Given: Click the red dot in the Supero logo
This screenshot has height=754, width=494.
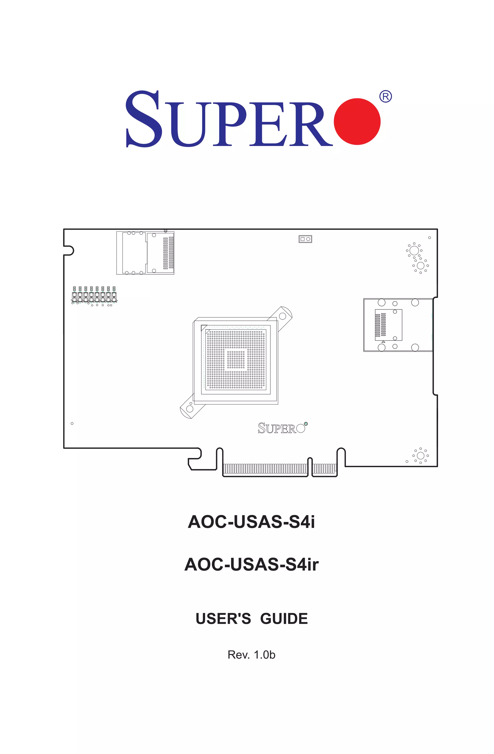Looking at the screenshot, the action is (x=357, y=121).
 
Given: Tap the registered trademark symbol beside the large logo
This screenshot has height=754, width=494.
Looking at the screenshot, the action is (x=385, y=96).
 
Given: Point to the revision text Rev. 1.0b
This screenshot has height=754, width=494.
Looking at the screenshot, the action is (x=251, y=654).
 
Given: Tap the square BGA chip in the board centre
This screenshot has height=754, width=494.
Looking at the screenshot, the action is (x=235, y=360).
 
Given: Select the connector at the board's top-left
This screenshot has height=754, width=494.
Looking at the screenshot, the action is (x=145, y=253).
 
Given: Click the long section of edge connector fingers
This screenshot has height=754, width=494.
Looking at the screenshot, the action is (x=265, y=468).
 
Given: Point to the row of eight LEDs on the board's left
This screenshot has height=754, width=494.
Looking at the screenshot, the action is (x=94, y=295).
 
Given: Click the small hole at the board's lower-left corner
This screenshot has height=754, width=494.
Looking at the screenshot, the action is (x=72, y=424).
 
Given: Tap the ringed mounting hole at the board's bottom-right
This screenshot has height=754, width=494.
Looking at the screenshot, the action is (x=420, y=456).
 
